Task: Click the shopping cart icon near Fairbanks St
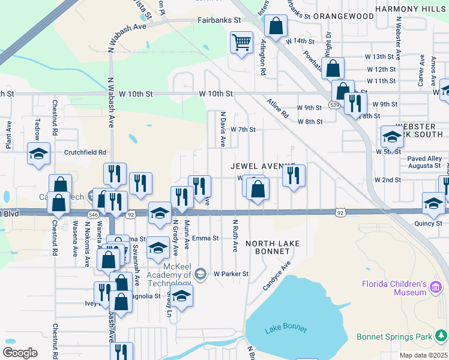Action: (241, 43)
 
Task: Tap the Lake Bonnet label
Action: (285, 329)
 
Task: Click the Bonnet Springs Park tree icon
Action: (442, 335)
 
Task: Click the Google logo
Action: (20, 352)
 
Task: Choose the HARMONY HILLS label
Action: (412, 9)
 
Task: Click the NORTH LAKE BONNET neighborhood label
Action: (268, 247)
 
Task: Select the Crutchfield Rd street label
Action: (85, 152)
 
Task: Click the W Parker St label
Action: (231, 274)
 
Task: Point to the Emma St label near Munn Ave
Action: (206, 238)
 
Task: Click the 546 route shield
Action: (93, 214)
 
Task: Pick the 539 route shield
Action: (334, 105)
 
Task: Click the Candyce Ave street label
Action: (276, 275)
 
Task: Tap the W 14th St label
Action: (300, 41)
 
